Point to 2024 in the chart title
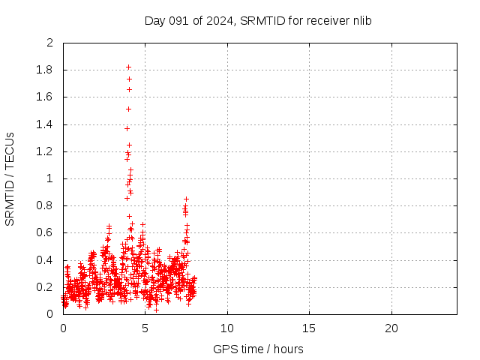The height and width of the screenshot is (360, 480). (x=220, y=20)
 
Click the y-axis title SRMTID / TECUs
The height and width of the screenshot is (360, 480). (x=10, y=178)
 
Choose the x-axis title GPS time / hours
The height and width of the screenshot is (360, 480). (x=258, y=349)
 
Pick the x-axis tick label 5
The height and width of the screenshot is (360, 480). (x=145, y=328)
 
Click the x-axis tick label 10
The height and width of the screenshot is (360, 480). (x=227, y=328)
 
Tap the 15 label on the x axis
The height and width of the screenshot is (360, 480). (x=309, y=328)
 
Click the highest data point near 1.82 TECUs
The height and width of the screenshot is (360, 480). (x=128, y=67)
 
